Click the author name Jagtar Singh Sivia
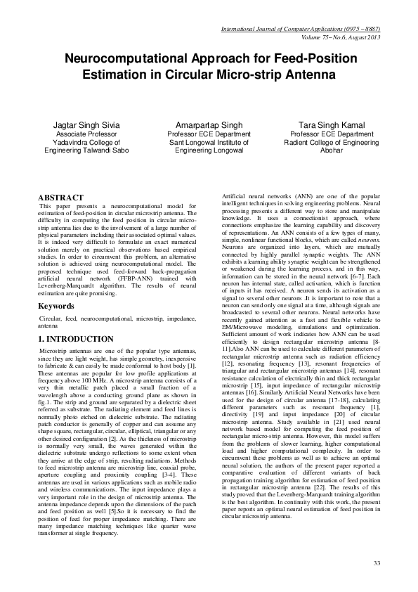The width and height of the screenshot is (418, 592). coord(87,125)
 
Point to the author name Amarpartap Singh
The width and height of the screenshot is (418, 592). coord(209,125)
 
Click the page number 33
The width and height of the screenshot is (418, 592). coord(377,563)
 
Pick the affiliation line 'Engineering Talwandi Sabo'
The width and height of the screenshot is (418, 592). coord(87,150)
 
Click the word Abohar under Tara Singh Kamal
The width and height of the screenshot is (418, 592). coord(332,150)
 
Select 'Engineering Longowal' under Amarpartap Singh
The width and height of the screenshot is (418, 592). coord(209,150)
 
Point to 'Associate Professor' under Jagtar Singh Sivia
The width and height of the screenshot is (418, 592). coord(87,134)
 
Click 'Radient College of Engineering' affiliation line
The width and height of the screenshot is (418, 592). coord(332,142)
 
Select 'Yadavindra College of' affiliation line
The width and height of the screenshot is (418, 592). coord(87,142)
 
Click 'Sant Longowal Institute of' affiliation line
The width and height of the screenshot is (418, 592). coord(209,142)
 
